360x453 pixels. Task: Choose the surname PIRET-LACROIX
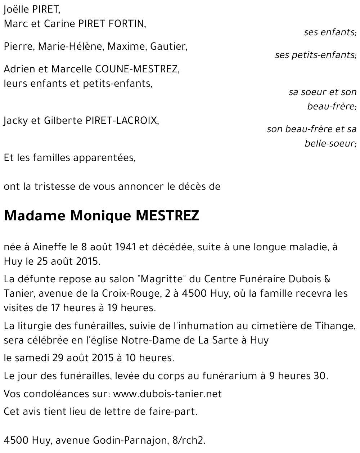[121, 121]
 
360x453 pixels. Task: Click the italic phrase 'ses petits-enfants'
[315, 55]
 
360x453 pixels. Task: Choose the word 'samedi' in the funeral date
[30, 358]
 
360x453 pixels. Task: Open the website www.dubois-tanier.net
[167, 394]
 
